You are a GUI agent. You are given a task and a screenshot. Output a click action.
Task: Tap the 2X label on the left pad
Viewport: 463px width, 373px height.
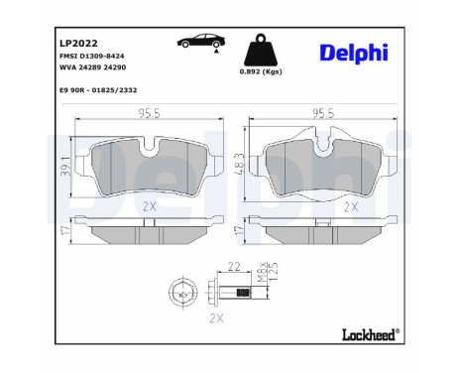tap(151, 206)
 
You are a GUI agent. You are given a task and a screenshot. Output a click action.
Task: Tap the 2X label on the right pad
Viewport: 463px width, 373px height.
tap(350, 207)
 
